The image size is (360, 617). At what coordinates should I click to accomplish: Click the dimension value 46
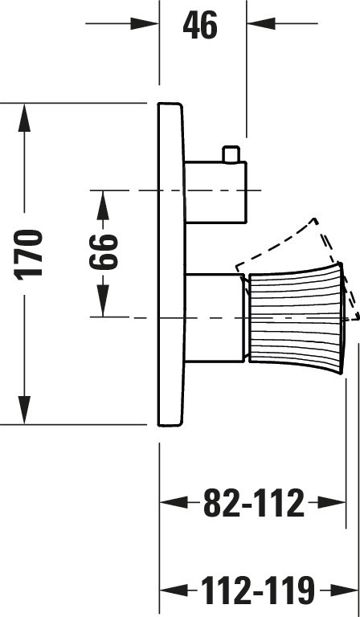200,25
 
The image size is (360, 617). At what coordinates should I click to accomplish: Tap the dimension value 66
104,251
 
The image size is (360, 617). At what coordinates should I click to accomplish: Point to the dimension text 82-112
254,502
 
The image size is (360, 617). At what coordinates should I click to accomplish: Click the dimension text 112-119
258,590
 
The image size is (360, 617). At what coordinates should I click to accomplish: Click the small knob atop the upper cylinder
231,154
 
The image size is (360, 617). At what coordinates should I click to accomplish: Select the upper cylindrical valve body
215,192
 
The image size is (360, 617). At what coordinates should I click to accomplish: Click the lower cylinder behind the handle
215,317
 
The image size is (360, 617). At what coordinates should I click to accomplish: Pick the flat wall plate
170,264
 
